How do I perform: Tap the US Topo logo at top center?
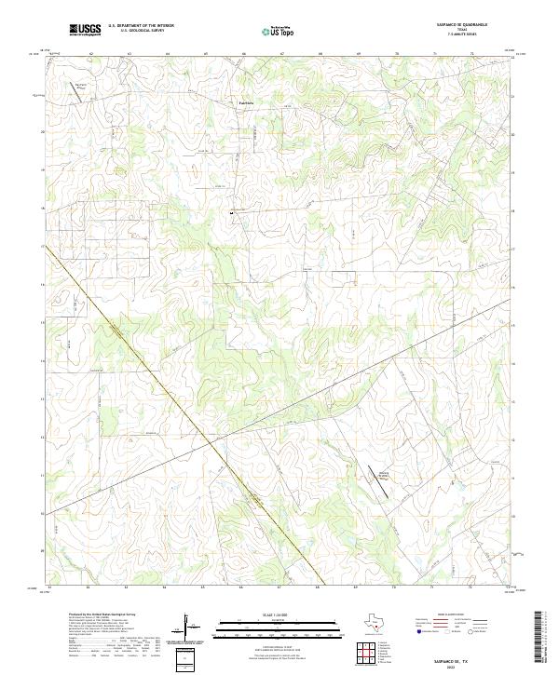tap(280, 31)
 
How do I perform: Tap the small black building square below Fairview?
tap(231, 213)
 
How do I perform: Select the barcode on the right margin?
tap(539, 638)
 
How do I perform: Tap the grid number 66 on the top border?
tap(243, 55)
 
